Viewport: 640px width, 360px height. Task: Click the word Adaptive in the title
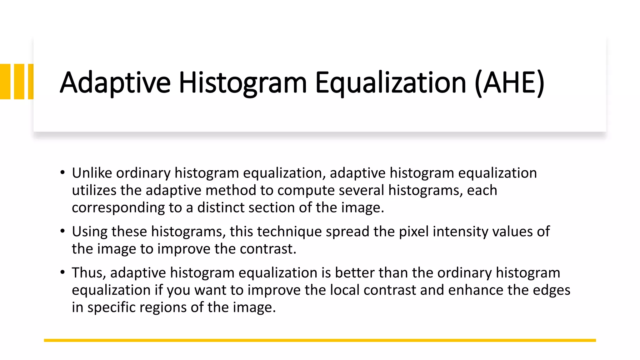tap(115, 82)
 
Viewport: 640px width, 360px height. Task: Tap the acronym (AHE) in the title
tap(509, 82)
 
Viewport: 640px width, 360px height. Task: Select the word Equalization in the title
tap(391, 83)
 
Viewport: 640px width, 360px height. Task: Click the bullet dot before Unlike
tap(62, 172)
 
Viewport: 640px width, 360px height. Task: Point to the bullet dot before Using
tap(62, 231)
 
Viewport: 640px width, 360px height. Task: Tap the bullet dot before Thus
tap(62, 272)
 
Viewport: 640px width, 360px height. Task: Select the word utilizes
tap(94, 190)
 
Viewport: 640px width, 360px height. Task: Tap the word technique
tap(289, 232)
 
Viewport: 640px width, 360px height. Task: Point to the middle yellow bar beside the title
tap(19, 82)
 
